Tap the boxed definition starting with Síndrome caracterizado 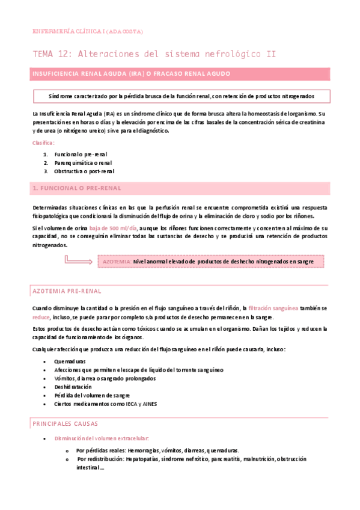180,96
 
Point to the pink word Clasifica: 43,143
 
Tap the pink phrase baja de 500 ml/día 113,229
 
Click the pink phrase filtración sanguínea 273,308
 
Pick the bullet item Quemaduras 70,361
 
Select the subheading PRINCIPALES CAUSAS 69,423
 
